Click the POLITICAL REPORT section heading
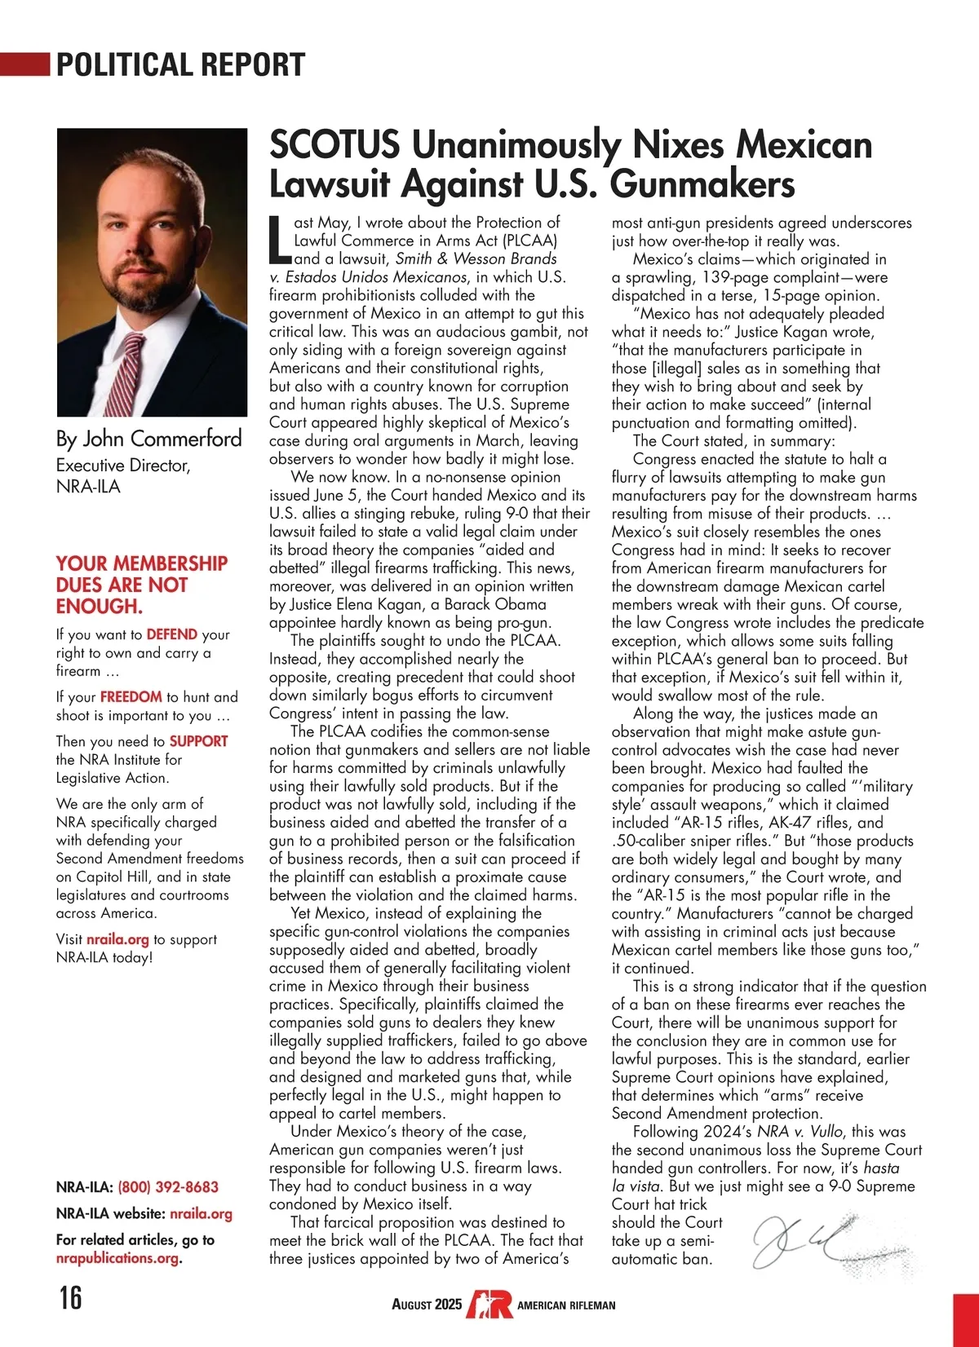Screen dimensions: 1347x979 [180, 64]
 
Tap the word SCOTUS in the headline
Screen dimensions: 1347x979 [334, 145]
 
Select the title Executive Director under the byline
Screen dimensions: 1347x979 [122, 466]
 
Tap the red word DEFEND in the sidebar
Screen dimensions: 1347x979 [171, 634]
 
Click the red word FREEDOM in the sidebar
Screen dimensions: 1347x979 [131, 697]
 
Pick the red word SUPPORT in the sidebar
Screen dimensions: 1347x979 [198, 741]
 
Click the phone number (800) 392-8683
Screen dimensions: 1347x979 [168, 1187]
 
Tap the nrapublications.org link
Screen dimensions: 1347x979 [117, 1258]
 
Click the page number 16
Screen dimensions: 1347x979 [70, 1296]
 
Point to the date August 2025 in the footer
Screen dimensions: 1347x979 [427, 1305]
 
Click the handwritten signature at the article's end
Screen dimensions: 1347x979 [808, 1239]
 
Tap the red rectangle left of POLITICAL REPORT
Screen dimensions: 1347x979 [24, 64]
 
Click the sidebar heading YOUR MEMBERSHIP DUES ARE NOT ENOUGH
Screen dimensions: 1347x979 [141, 585]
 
